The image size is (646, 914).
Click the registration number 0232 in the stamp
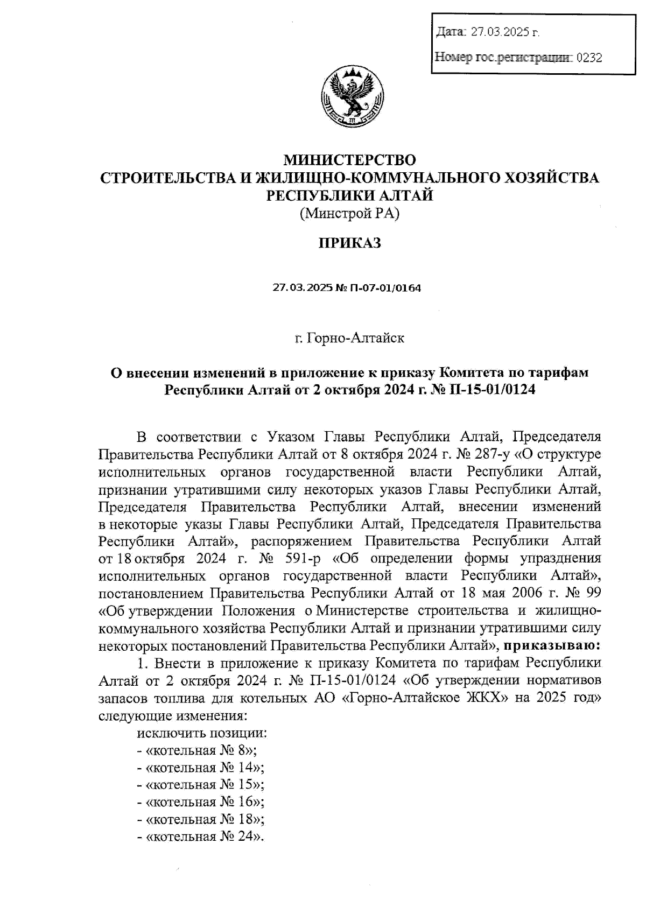point(589,57)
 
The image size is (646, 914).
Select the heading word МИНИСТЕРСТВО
point(350,160)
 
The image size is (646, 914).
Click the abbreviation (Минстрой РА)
point(350,214)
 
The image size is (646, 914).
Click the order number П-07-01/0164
point(385,288)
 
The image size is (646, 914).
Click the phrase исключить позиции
point(202,733)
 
